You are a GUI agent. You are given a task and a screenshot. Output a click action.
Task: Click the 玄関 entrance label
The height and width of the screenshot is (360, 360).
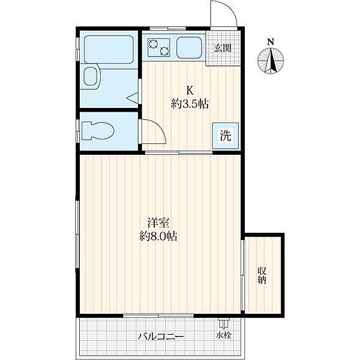tap(223, 48)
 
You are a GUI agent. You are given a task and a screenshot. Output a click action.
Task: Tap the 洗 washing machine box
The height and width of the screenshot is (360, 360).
tap(226, 136)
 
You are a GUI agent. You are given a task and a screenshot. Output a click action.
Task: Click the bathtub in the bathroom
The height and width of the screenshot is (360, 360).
tap(109, 49)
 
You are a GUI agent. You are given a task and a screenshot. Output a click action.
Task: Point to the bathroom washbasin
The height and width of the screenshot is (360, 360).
tap(91, 76)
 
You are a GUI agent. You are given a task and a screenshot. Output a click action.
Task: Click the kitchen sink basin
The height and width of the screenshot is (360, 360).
tap(189, 48)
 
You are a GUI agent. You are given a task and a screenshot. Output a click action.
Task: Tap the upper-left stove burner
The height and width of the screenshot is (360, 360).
tap(153, 44)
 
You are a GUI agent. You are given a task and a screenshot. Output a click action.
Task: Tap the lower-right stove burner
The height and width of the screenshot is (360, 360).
tap(164, 51)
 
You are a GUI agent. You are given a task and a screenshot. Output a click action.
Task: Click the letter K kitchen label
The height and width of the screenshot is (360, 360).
tap(190, 91)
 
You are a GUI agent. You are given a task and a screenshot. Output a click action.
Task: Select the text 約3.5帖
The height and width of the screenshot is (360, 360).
tap(190, 104)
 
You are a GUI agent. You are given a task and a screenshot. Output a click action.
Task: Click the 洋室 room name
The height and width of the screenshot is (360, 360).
tap(158, 222)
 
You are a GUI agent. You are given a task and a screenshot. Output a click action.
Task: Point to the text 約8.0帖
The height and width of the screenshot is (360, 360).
tap(158, 236)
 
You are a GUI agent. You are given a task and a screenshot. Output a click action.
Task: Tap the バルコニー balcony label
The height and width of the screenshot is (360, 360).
tap(161, 337)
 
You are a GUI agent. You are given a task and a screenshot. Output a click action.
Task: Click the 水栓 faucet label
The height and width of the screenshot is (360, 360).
tap(223, 335)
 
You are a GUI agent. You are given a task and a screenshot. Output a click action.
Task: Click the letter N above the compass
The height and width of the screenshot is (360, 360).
tap(271, 42)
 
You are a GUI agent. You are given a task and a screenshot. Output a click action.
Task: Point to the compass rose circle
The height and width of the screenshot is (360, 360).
tap(271, 61)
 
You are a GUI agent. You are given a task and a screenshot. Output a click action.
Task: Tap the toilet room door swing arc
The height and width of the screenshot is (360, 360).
tap(161, 128)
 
